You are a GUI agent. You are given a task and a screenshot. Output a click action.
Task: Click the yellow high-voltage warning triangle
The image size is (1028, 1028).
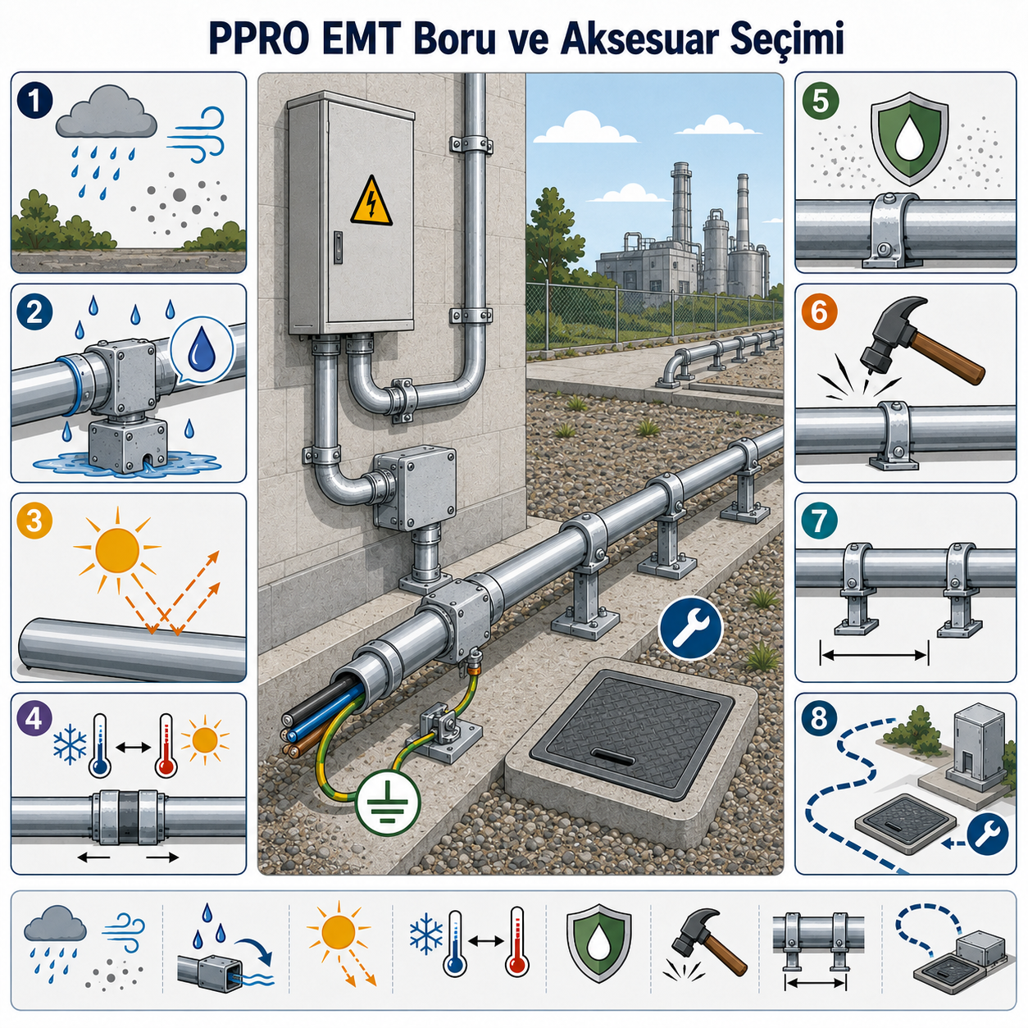tap(371, 202)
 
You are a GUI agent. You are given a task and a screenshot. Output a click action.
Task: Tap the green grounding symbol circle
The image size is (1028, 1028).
tap(389, 801)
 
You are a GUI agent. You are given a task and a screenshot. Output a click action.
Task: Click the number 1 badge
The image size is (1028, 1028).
tap(34, 102)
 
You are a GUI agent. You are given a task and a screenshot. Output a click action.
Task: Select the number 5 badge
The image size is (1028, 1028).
tap(820, 102)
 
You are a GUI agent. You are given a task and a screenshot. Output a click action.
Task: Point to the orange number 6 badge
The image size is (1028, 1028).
tap(820, 312)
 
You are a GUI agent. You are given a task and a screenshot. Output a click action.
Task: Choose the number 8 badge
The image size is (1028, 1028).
tap(819, 718)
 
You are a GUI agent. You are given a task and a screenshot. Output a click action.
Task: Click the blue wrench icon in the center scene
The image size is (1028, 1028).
tap(690, 627)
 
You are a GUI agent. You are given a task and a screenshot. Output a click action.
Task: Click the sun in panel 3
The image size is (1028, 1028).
tap(117, 549)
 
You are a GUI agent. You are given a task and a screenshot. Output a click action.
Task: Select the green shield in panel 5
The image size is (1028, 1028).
tap(909, 139)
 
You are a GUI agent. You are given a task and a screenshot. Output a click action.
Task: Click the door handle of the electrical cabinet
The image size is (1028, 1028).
tap(337, 247)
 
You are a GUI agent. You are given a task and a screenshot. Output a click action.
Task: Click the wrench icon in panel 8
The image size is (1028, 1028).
tap(988, 833)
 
